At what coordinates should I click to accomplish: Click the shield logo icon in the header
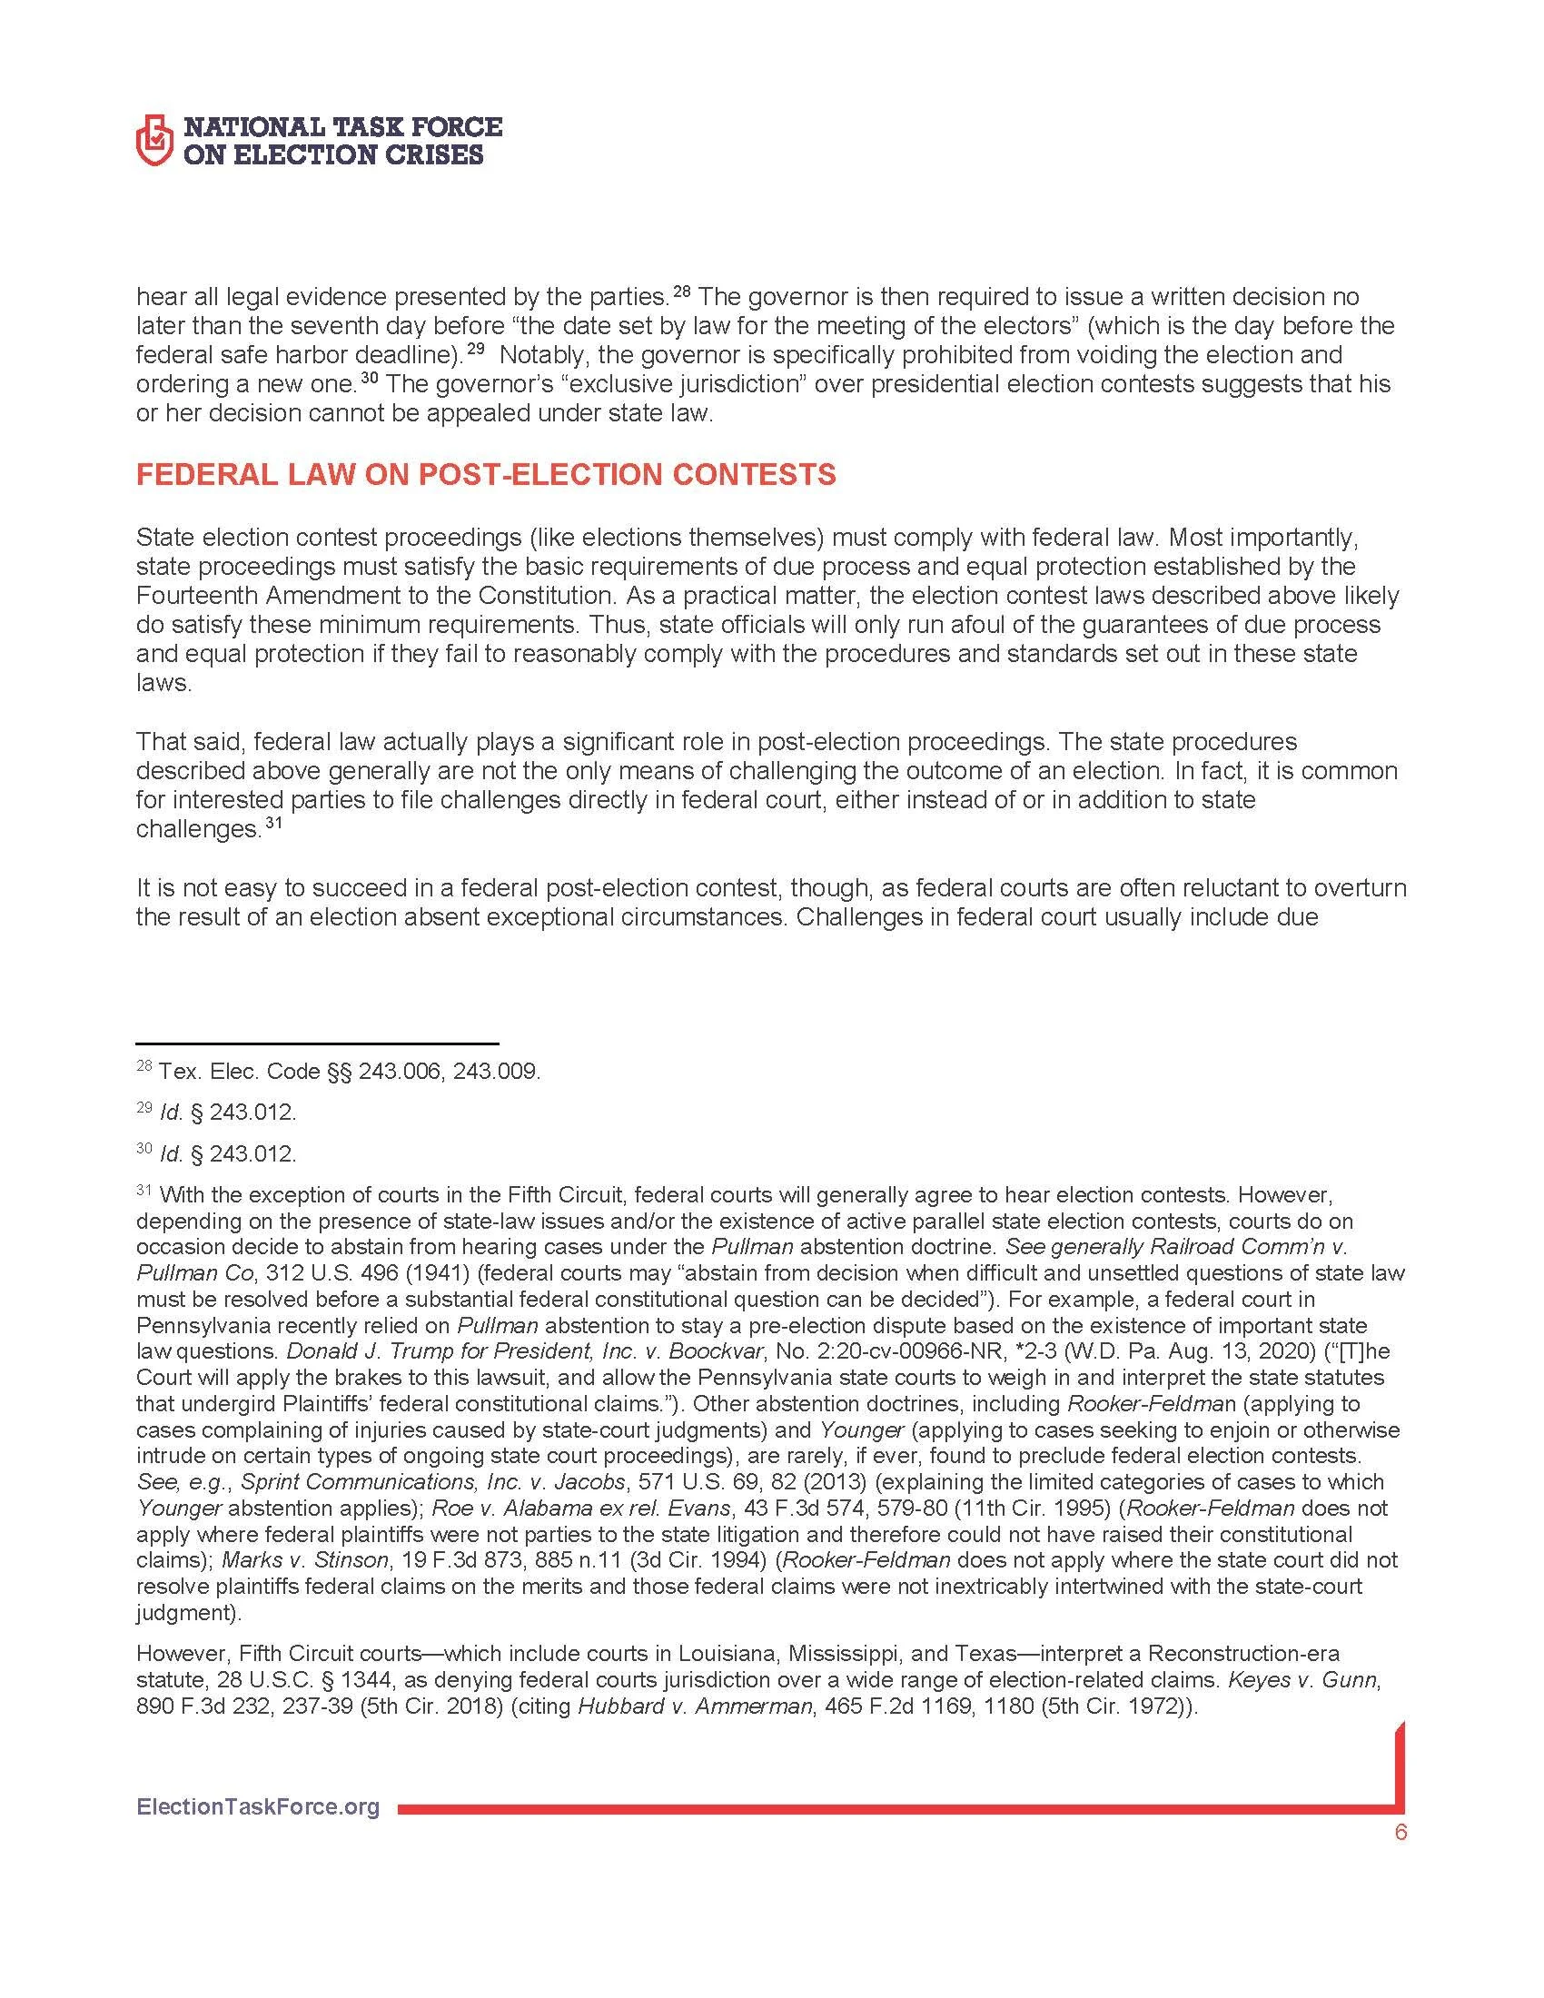coord(153,140)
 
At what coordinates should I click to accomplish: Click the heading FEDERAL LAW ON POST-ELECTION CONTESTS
coord(486,474)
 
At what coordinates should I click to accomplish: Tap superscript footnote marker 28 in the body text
coord(682,292)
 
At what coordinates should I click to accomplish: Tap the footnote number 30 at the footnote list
coord(144,1149)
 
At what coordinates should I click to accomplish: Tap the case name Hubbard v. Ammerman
coord(695,1706)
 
